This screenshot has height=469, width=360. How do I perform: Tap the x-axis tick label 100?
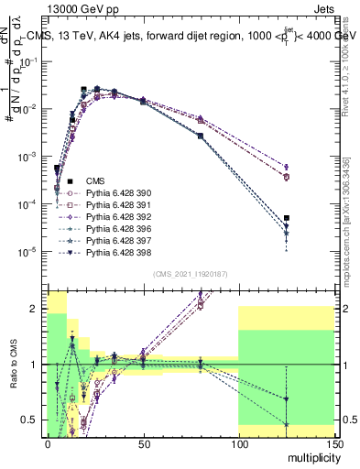(x=238, y=442)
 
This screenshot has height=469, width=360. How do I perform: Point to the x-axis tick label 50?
(x=143, y=442)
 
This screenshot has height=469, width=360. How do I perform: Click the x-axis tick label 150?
(x=333, y=442)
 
